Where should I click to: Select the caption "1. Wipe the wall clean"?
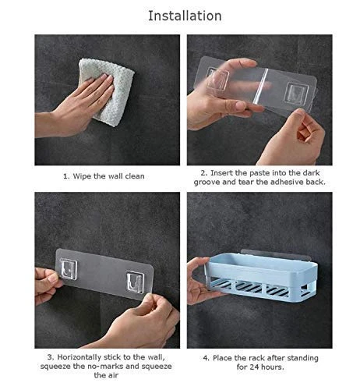pos(104,175)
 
